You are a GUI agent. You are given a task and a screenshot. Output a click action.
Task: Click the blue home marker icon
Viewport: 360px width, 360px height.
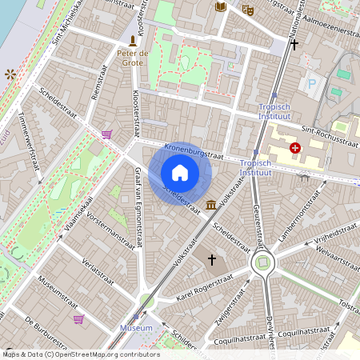tap(180, 173)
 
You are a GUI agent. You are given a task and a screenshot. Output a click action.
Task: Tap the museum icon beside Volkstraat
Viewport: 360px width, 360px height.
tap(210, 206)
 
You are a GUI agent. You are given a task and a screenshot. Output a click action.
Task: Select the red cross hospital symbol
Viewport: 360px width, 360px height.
tap(296, 148)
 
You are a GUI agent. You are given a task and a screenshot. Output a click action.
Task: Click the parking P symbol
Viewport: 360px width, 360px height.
tap(312, 82)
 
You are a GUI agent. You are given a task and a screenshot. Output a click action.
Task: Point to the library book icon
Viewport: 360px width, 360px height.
tap(221, 7)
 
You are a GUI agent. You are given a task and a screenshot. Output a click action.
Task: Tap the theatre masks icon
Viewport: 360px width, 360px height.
tap(247, 10)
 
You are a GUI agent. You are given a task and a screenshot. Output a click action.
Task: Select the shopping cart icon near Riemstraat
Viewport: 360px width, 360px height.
tap(106, 134)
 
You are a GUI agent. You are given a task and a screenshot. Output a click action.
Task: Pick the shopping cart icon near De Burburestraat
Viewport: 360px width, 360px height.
tap(78, 319)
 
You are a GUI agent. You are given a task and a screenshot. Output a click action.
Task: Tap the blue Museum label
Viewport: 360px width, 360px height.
tap(135, 328)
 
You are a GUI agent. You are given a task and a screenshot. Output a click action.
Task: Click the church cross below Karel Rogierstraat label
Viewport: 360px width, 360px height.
tap(212, 260)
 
